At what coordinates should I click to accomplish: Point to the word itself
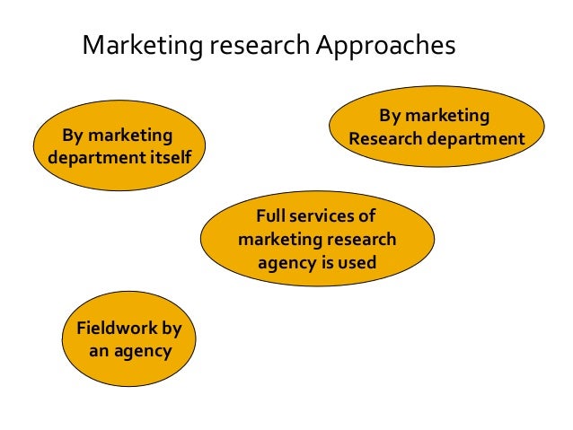(x=171, y=159)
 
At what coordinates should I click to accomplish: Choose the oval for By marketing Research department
(x=436, y=127)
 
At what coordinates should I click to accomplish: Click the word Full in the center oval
(x=272, y=217)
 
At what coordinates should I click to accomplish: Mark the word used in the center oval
(x=357, y=263)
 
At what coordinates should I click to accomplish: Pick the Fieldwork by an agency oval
(x=129, y=339)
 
